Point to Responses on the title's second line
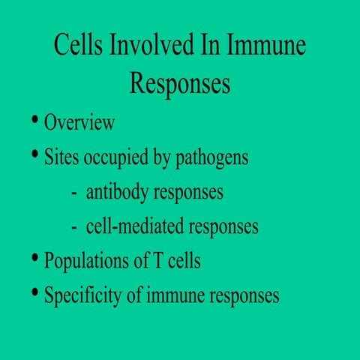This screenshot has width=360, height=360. coord(180,82)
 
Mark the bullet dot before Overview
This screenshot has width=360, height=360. coord(35,121)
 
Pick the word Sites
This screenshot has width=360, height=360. coord(61,158)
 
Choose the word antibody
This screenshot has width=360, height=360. coord(118,193)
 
